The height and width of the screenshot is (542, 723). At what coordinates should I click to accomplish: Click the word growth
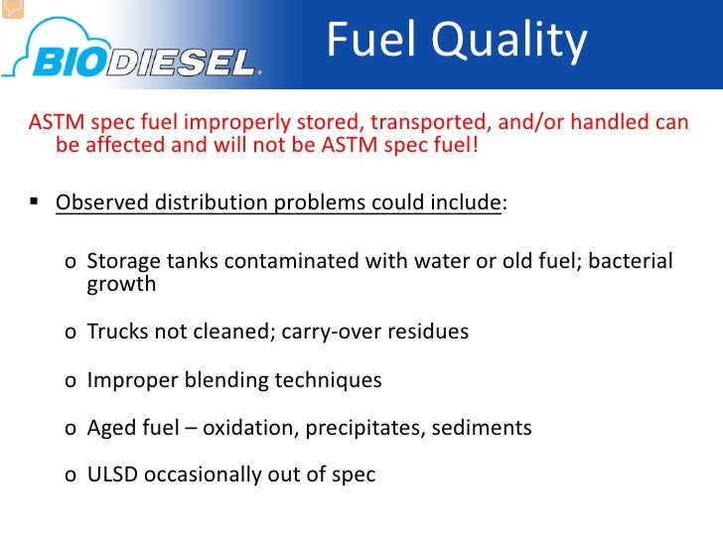[121, 284]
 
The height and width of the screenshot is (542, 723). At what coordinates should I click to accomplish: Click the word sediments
[483, 428]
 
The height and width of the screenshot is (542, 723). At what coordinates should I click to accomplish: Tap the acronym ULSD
[112, 474]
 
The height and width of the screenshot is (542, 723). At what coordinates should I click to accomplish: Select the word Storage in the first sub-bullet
[123, 261]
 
